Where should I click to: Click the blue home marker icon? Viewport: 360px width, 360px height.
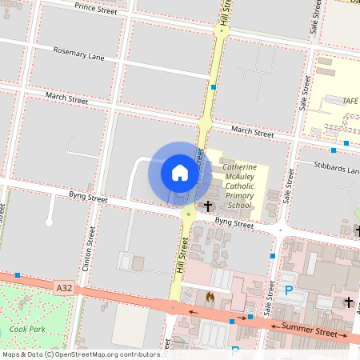180,172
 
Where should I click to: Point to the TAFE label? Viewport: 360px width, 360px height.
350,101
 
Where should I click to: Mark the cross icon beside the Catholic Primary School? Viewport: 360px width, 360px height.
208,206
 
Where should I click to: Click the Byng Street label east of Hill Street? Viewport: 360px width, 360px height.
234,223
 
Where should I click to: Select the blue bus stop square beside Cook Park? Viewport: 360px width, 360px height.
18,275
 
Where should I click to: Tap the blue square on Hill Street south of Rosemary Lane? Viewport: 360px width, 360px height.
214,86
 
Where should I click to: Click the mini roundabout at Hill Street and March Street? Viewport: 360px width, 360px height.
205,124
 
